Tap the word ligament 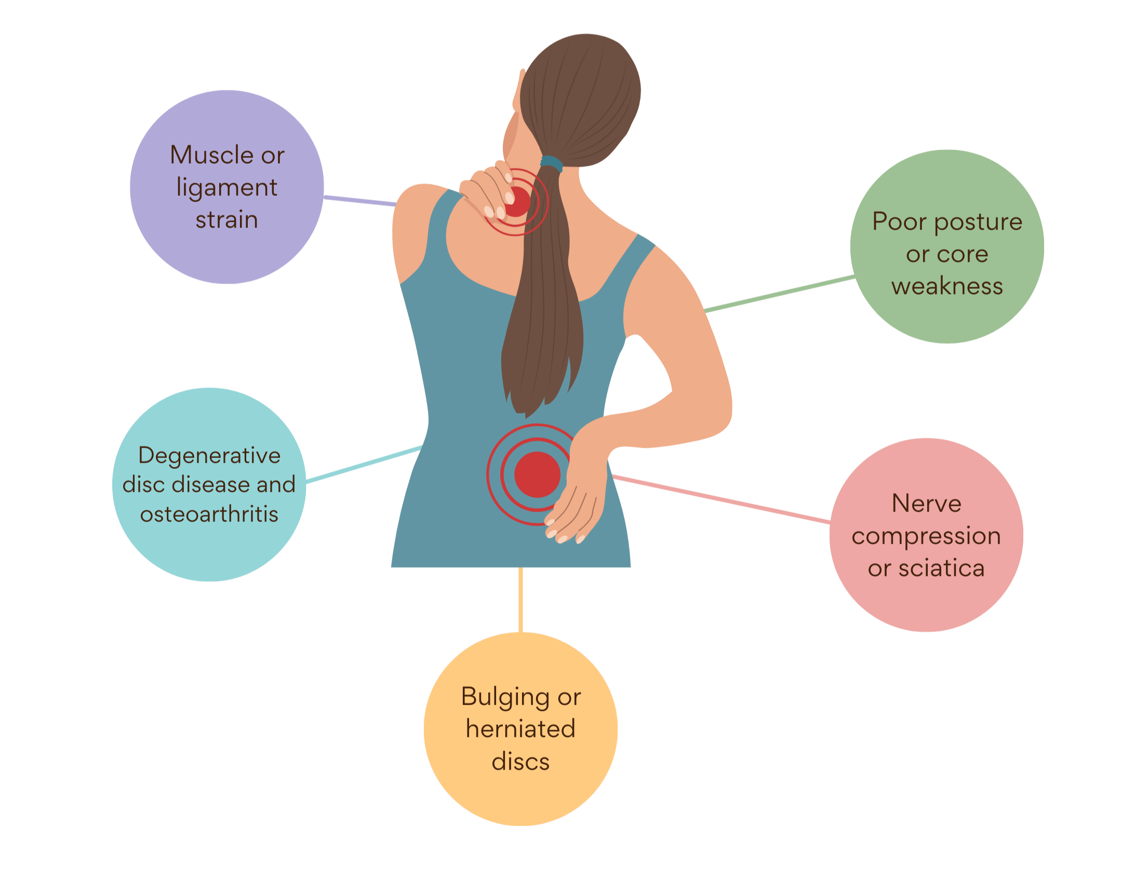click(x=227, y=188)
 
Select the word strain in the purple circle click(x=227, y=220)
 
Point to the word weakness click(x=947, y=287)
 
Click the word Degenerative click(x=209, y=455)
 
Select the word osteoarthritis click(x=209, y=514)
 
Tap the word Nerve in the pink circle click(x=927, y=503)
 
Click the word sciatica click(x=941, y=568)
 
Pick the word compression click(x=926, y=536)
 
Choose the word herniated click(x=520, y=728)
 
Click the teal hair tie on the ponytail click(x=552, y=164)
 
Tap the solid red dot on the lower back click(x=537, y=475)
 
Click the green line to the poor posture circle click(x=779, y=294)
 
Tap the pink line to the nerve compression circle click(x=722, y=498)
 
